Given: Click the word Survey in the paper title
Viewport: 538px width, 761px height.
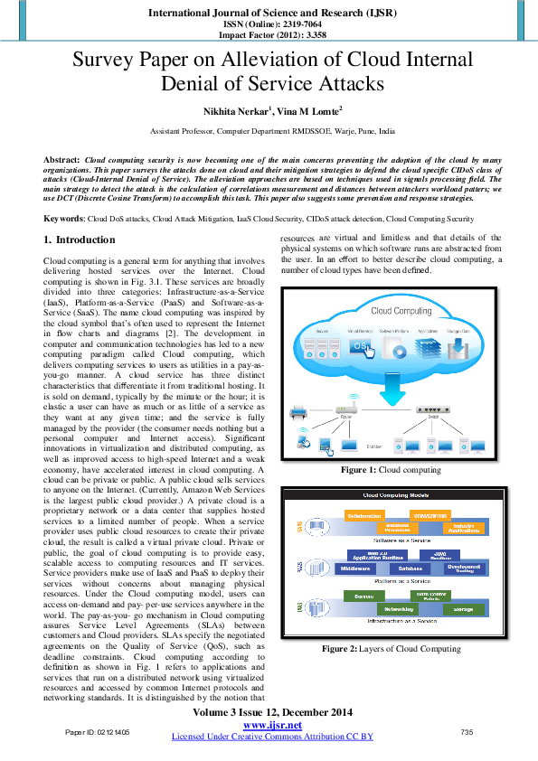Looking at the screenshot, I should (x=108, y=61).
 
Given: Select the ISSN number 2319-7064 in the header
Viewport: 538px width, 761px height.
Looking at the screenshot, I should (x=288, y=24).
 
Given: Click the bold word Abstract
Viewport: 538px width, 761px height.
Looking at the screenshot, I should (x=61, y=158).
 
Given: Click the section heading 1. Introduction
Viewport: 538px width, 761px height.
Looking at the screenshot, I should (x=80, y=240).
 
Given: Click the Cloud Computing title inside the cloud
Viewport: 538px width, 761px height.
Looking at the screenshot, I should (x=401, y=311).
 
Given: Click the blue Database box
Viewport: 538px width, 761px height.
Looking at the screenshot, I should (x=411, y=569).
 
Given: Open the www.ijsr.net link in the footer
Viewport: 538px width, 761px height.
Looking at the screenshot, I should (x=272, y=726).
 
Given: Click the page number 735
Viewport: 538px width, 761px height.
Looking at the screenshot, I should (x=467, y=730).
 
